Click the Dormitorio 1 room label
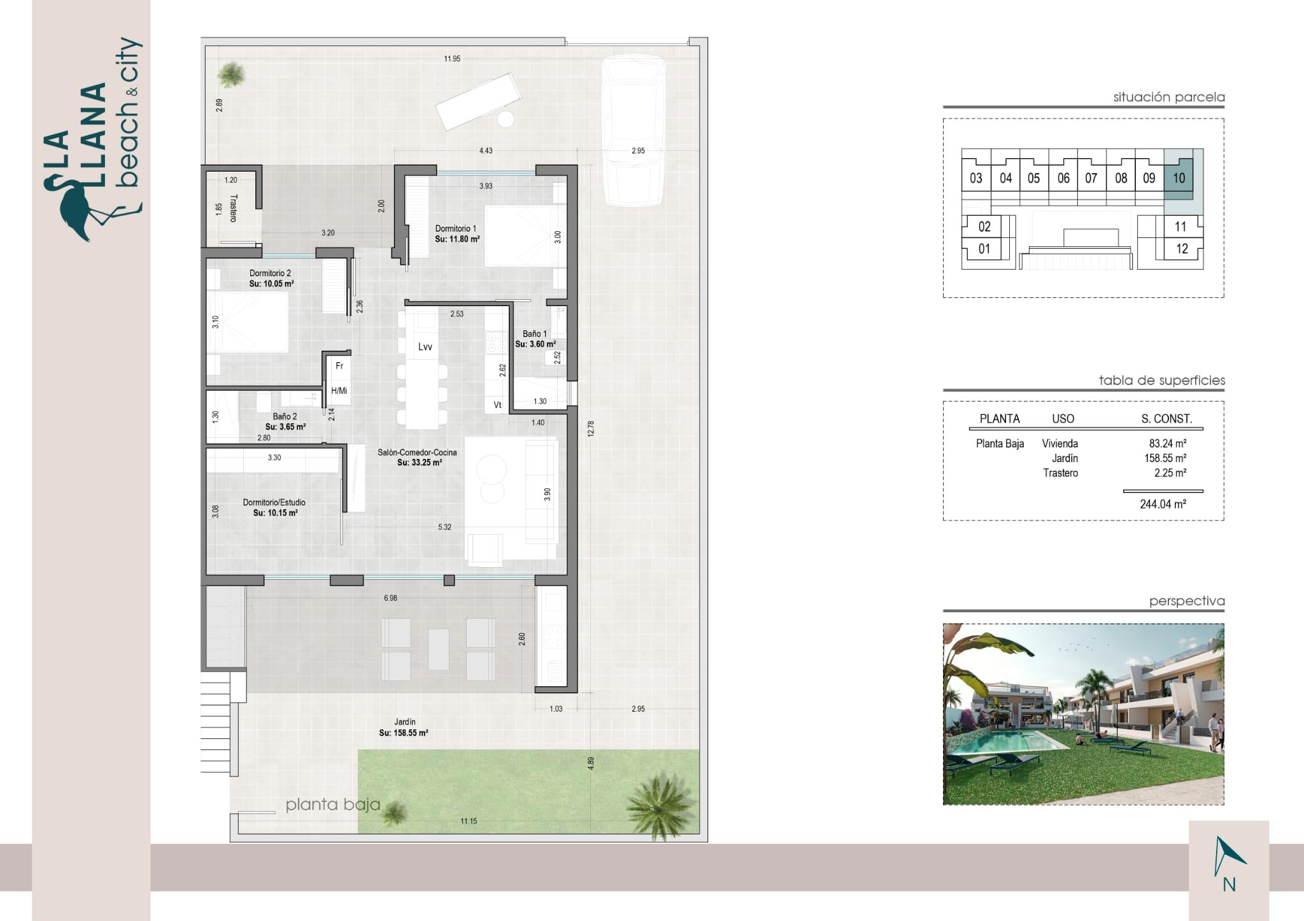pyautogui.click(x=456, y=228)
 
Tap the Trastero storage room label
pyautogui.click(x=234, y=208)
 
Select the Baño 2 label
pyautogui.click(x=285, y=416)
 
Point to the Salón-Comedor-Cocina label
pyautogui.click(x=417, y=453)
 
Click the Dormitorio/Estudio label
pyautogui.click(x=274, y=502)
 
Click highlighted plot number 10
pyautogui.click(x=1179, y=178)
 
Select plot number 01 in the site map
pyautogui.click(x=984, y=249)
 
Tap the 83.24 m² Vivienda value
pyautogui.click(x=1167, y=444)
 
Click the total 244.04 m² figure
pyautogui.click(x=1163, y=504)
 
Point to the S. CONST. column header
pyautogui.click(x=1166, y=419)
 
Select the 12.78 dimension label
pyautogui.click(x=591, y=428)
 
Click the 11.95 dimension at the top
pyautogui.click(x=452, y=59)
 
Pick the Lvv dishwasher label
pyautogui.click(x=425, y=347)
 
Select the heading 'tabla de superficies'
pyautogui.click(x=1161, y=381)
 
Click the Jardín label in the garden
pyautogui.click(x=404, y=722)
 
